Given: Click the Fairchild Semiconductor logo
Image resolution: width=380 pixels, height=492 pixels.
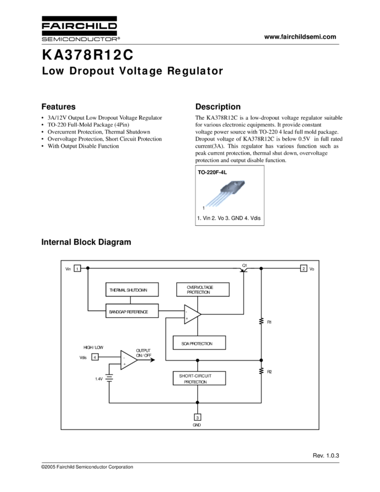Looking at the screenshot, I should click(80, 29).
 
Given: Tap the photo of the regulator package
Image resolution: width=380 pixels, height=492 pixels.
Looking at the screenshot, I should click(225, 194).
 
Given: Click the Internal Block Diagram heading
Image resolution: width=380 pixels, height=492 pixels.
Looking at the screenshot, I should click(86, 242).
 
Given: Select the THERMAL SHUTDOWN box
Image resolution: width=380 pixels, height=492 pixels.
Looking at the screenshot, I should click(132, 290).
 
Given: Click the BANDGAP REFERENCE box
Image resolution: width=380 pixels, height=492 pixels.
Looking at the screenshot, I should click(132, 311).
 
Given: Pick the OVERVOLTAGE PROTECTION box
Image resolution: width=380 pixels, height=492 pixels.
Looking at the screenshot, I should click(202, 290).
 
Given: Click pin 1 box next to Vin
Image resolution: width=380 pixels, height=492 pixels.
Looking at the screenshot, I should click(77, 268).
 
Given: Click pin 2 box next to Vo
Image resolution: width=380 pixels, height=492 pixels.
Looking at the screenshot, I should click(303, 268).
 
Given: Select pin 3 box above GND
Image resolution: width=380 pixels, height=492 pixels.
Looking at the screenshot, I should click(197, 417).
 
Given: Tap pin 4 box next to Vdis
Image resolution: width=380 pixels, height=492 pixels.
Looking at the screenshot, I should click(94, 357).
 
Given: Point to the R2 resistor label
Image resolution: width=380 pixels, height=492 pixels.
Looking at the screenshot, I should click(270, 371).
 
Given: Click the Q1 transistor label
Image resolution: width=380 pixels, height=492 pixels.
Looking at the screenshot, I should click(245, 265).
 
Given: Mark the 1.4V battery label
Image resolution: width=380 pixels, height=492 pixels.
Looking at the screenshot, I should click(99, 379).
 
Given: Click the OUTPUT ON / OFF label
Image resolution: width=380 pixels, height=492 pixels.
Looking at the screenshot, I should click(143, 353).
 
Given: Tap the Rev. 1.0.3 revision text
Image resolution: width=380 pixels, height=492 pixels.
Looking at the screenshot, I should click(326, 456).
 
